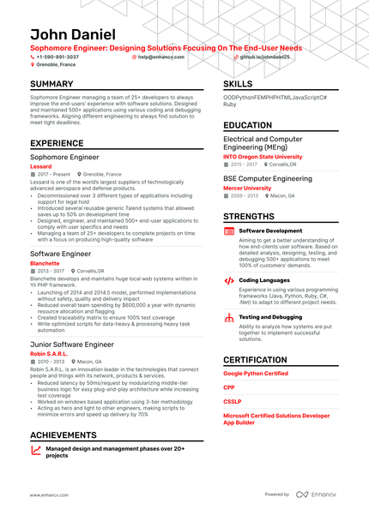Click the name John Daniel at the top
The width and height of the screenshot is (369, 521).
click(72, 33)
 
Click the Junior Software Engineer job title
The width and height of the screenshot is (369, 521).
click(72, 344)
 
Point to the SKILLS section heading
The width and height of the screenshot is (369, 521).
click(238, 84)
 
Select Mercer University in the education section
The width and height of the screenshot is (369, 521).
click(247, 188)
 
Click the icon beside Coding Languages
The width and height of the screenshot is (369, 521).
click(229, 280)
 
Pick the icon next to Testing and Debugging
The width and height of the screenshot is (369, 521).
click(229, 318)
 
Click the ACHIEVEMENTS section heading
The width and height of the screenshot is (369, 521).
click(63, 434)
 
